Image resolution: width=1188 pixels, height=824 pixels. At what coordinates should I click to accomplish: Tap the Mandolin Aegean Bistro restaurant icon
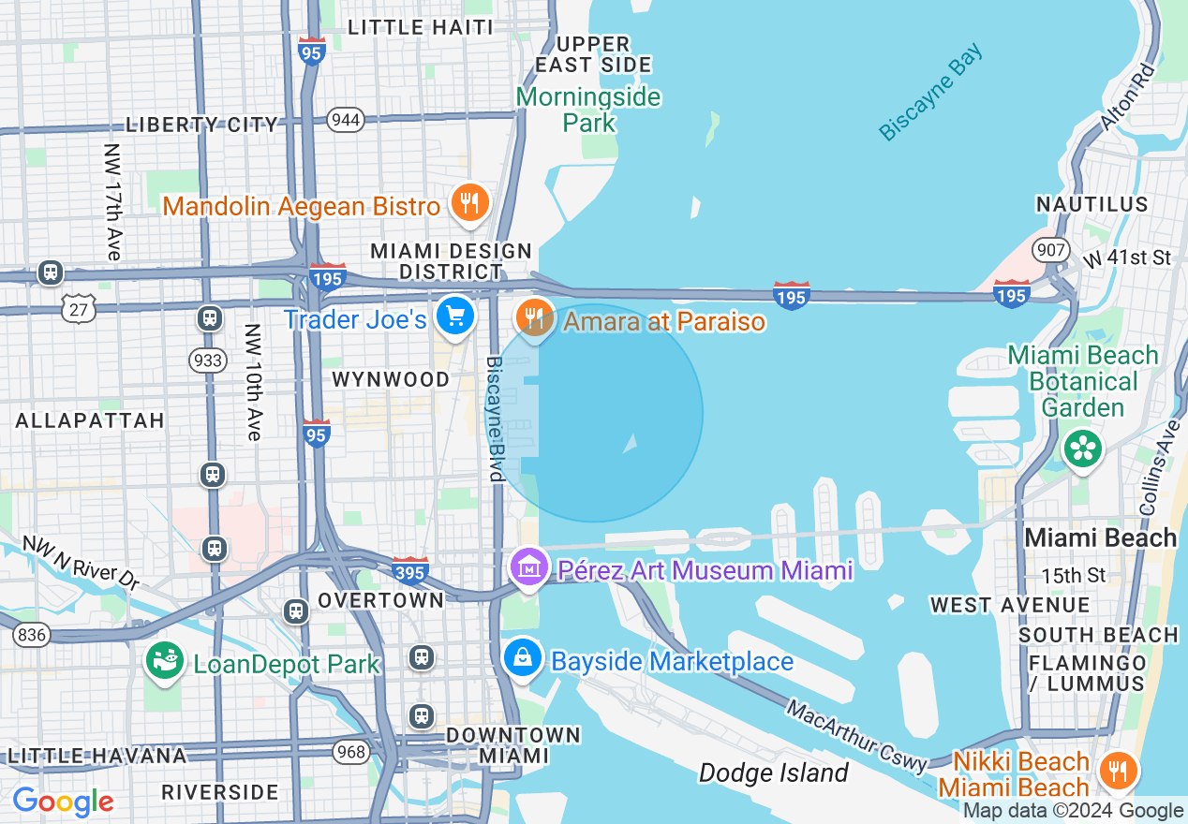(469, 202)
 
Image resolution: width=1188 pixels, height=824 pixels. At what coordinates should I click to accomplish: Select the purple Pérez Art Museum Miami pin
(530, 567)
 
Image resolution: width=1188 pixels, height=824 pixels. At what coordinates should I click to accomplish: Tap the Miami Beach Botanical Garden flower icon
(1083, 449)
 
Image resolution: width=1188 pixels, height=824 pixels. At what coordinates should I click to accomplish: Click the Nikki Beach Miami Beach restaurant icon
(1117, 771)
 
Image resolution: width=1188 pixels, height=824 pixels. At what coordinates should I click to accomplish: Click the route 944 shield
(346, 120)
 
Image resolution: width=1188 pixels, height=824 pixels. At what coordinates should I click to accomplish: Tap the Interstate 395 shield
(410, 569)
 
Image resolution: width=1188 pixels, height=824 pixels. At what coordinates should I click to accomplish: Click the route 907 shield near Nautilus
(1050, 250)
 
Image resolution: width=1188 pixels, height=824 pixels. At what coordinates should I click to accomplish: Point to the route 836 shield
(32, 635)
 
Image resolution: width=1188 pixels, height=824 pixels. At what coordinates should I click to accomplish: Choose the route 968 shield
(352, 751)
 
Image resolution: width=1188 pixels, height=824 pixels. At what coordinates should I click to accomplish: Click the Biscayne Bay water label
(931, 92)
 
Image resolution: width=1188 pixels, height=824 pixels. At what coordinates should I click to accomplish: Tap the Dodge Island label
(774, 772)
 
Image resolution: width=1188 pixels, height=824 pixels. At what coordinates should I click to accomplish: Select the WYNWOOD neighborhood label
(392, 379)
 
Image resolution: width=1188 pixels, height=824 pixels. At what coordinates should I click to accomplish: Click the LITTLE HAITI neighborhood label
(420, 27)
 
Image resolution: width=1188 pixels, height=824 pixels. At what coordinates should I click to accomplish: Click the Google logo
(63, 802)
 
